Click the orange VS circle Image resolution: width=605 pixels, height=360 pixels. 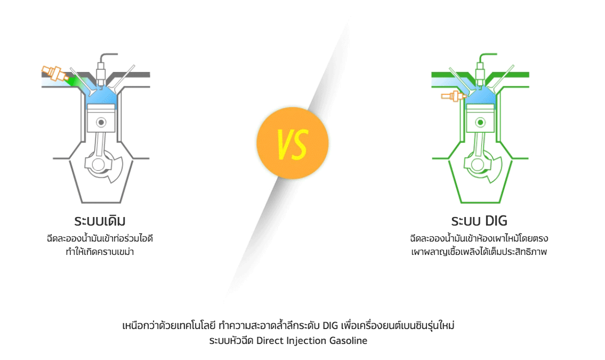pyautogui.click(x=293, y=143)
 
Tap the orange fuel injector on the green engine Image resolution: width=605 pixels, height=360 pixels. pyautogui.click(x=454, y=95)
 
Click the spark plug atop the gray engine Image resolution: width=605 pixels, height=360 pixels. pyautogui.click(x=101, y=73)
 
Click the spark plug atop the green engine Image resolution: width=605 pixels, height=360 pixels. pyautogui.click(x=480, y=73)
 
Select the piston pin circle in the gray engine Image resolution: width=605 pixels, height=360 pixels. pyautogui.click(x=101, y=123)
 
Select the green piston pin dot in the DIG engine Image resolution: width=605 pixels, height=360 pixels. pyautogui.click(x=480, y=123)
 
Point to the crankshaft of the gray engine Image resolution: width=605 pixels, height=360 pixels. pyautogui.click(x=103, y=166)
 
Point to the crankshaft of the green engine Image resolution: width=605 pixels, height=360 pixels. pyautogui.click(x=482, y=166)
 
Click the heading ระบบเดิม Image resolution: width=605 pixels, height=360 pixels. pyautogui.click(x=100, y=221)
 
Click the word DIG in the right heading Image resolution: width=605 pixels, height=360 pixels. pyautogui.click(x=496, y=221)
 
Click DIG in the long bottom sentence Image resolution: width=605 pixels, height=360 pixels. pyautogui.click(x=330, y=326)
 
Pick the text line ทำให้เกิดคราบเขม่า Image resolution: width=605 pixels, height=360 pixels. pyautogui.click(x=100, y=252)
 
